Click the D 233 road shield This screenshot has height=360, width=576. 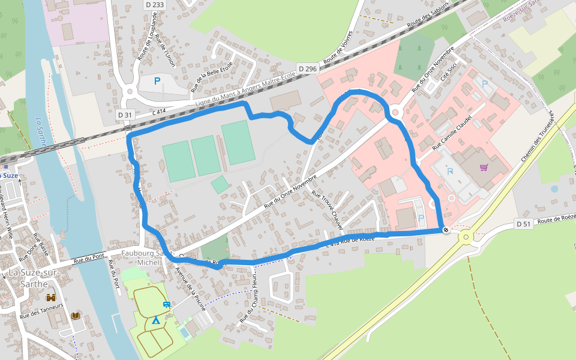coord(154,4)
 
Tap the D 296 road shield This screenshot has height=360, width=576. coord(307,69)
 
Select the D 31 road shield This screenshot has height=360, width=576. coord(124,115)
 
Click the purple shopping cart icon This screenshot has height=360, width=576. coord(484,167)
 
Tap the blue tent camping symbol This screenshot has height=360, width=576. coord(155,320)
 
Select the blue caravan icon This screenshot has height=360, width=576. coord(167,305)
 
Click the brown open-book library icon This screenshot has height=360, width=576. coord(76,316)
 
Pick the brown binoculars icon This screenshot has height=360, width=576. coord(51,297)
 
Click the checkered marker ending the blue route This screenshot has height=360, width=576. coord(445,230)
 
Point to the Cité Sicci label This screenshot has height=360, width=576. coord(448,75)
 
